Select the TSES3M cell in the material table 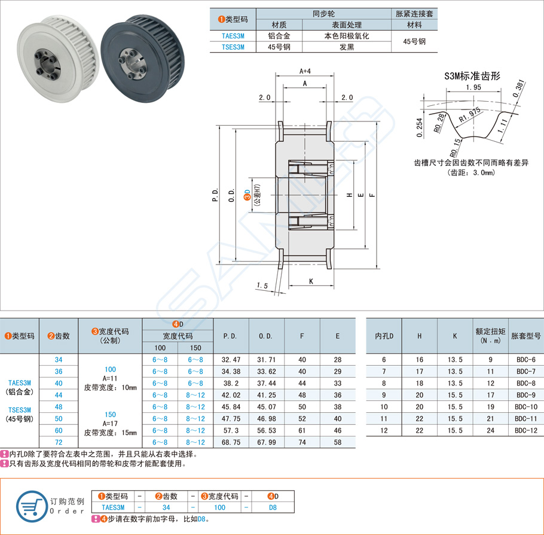(232, 47)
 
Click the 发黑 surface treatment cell (347, 47)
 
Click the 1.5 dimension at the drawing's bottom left (261, 285)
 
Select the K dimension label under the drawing (311, 281)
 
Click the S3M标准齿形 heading (472, 76)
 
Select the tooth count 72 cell (58, 442)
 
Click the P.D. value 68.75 (231, 442)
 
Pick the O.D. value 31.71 (267, 360)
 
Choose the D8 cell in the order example (273, 507)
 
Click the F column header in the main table (302, 336)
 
